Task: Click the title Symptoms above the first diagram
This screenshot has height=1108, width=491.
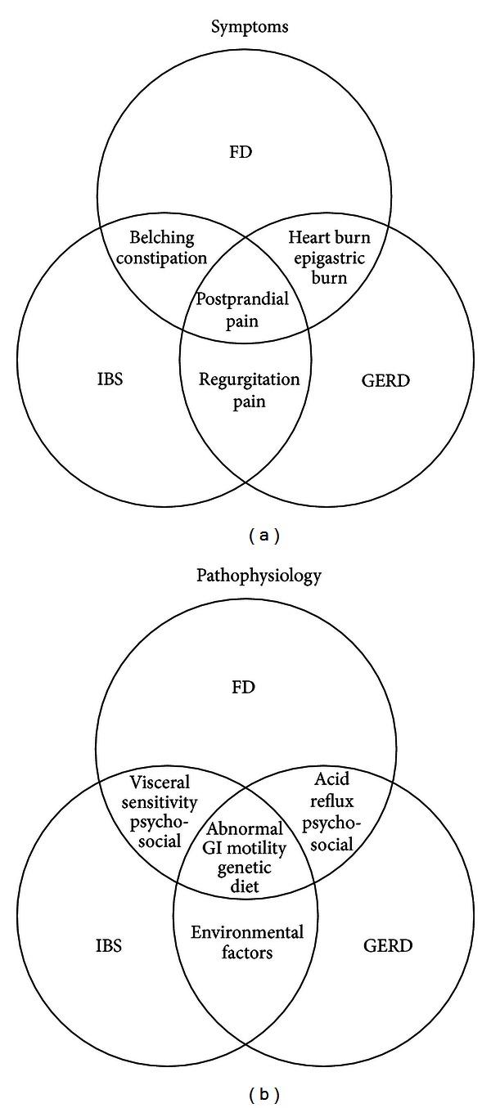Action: [250, 28]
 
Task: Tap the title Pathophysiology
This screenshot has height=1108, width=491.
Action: [259, 576]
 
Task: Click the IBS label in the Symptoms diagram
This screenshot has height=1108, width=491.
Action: [110, 380]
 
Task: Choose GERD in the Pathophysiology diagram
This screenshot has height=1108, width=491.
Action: [387, 946]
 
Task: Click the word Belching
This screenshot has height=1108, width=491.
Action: [162, 238]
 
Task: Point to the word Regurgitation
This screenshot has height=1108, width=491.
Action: [250, 380]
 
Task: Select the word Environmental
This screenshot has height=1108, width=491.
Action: [246, 933]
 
